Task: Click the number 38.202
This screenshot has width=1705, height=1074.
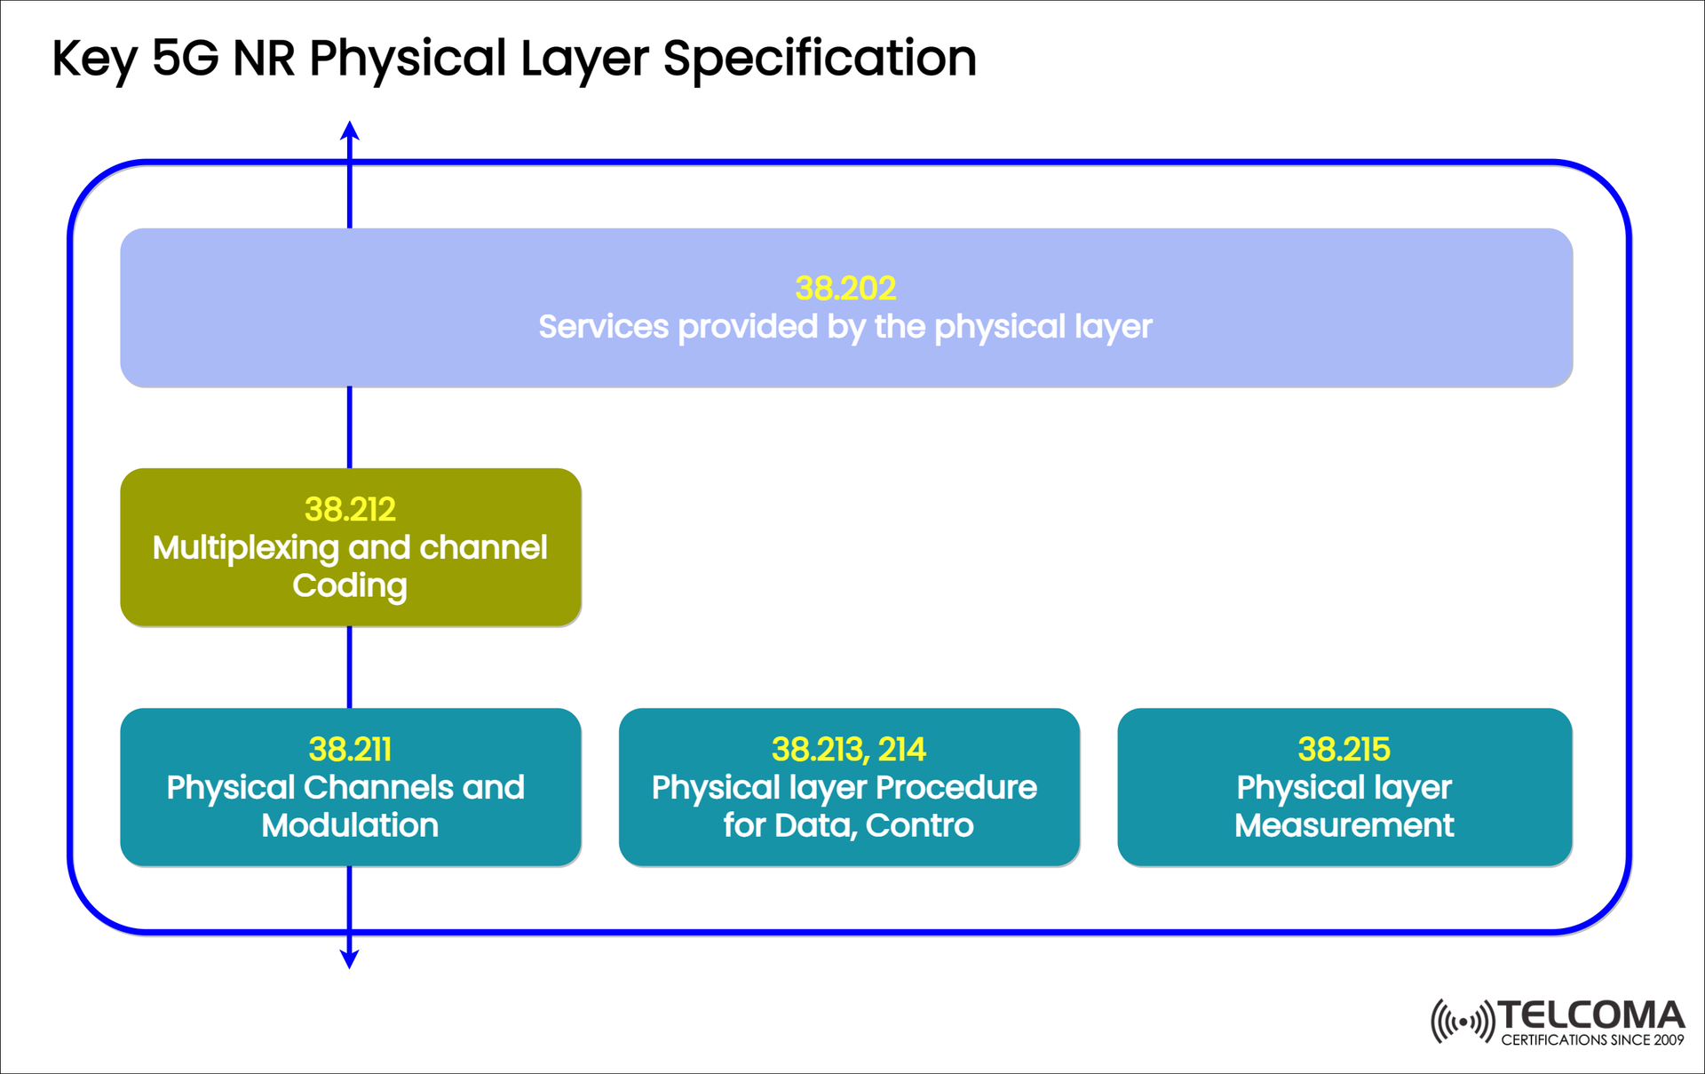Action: [845, 288]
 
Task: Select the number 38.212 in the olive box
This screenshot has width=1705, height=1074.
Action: [350, 509]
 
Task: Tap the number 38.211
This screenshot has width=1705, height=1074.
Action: [350, 749]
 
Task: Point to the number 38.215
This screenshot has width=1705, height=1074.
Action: [1344, 749]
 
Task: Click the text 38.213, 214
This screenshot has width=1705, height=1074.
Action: [848, 749]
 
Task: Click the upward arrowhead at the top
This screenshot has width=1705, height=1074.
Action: [350, 131]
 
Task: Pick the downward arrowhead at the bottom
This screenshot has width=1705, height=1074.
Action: [350, 959]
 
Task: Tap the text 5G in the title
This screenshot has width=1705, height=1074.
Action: [185, 59]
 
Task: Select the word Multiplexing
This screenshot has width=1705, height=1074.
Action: [245, 547]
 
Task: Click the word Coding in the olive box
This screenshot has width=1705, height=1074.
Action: [350, 585]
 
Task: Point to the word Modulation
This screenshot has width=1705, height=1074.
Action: [350, 825]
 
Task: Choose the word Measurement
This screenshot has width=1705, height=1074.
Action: [1344, 825]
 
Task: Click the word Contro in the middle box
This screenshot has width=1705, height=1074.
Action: [919, 825]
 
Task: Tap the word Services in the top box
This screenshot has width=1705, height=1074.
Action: [603, 327]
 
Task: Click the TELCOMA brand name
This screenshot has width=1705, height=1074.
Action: [1590, 1015]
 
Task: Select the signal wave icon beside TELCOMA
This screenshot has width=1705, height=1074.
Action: [1463, 1022]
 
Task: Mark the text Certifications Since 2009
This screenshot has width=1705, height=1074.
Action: [1592, 1040]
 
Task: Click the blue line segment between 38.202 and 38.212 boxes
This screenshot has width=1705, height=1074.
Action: [350, 427]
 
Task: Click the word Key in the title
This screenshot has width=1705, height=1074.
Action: [93, 59]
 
